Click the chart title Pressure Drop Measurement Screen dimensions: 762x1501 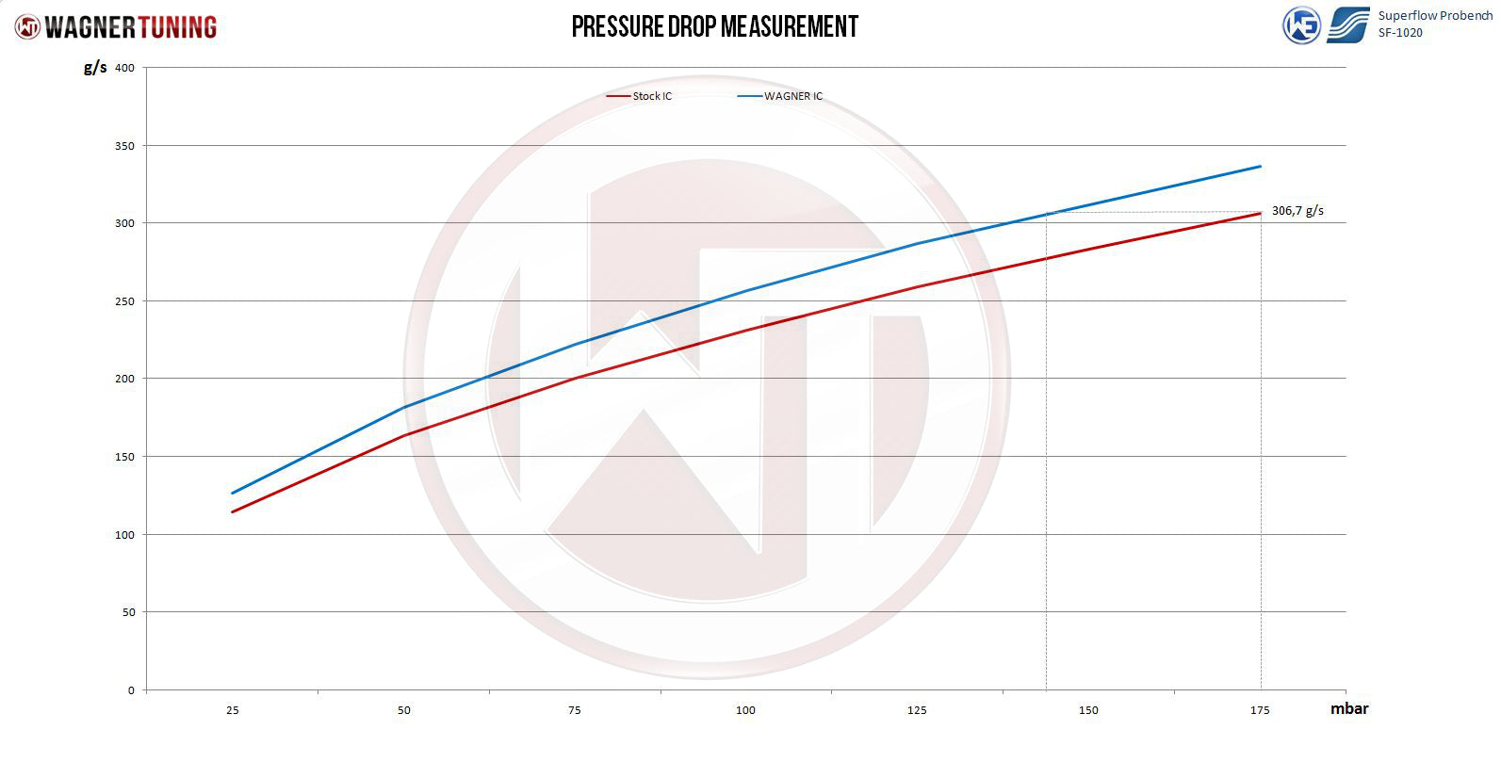[715, 26]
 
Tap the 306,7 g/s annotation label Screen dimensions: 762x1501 [1297, 211]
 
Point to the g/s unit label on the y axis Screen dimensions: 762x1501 [95, 67]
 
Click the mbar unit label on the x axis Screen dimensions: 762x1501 [1348, 708]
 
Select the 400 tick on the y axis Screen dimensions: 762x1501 [125, 68]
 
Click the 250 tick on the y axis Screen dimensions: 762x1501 [125, 301]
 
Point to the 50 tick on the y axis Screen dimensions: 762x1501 [128, 612]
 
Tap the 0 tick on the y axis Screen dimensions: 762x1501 [131, 690]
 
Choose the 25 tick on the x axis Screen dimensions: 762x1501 [233, 710]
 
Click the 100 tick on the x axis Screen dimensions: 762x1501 [745, 710]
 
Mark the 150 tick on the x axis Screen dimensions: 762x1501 [1088, 710]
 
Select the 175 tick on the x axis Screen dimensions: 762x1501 [1260, 710]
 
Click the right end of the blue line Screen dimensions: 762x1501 [1260, 167]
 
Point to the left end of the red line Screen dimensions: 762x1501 [233, 511]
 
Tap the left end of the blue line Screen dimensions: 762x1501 [233, 493]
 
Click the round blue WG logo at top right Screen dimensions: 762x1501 [1301, 25]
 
